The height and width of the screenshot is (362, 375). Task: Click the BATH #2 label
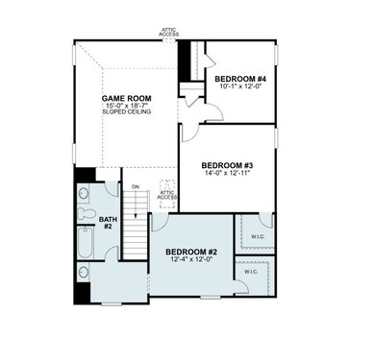[x=108, y=223]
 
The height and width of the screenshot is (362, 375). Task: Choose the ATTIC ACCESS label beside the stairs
[x=166, y=195]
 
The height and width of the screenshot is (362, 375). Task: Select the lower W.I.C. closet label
[x=251, y=272]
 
